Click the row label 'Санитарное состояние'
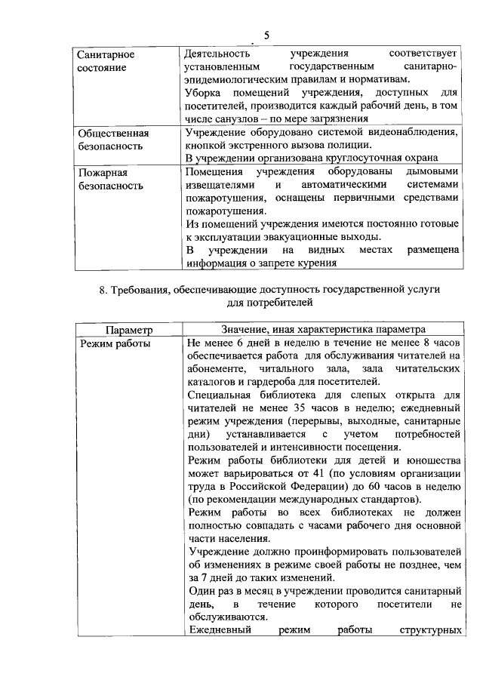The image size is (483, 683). pyautogui.click(x=106, y=61)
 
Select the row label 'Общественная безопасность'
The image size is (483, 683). pyautogui.click(x=113, y=139)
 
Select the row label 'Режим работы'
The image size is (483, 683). pyautogui.click(x=114, y=343)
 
